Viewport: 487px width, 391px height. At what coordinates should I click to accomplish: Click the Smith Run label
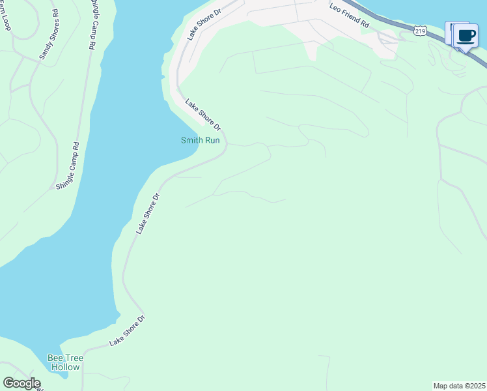click(x=200, y=140)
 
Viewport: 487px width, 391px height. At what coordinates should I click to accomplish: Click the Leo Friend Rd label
click(x=349, y=15)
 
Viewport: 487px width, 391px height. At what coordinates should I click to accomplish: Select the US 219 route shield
click(x=419, y=30)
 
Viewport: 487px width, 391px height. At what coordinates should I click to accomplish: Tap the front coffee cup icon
click(x=466, y=35)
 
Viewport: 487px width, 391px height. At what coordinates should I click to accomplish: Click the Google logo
click(x=21, y=383)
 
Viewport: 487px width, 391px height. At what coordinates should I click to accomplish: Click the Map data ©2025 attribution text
click(x=458, y=386)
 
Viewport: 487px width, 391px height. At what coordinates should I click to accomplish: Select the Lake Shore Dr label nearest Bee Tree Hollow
click(x=127, y=330)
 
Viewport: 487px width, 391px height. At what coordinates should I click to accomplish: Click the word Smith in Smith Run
click(x=192, y=140)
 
